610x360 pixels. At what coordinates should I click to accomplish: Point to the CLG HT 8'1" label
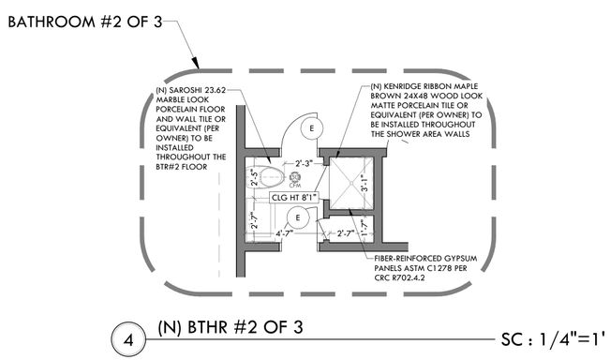(x=294, y=198)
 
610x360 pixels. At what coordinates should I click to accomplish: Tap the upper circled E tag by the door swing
(x=315, y=127)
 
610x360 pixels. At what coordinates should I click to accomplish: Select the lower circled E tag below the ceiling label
(x=298, y=217)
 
